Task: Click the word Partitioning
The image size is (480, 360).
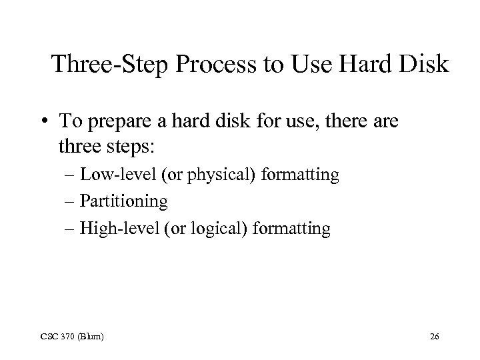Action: coord(123,201)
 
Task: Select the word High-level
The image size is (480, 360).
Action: coord(116,229)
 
